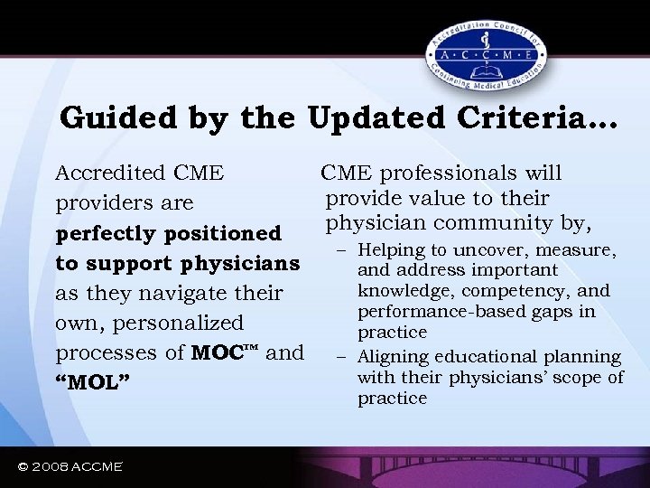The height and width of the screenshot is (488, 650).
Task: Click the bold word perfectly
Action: (x=101, y=233)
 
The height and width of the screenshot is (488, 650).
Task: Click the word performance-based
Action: (x=441, y=312)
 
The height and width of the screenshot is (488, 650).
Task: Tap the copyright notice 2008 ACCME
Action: (x=70, y=466)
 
